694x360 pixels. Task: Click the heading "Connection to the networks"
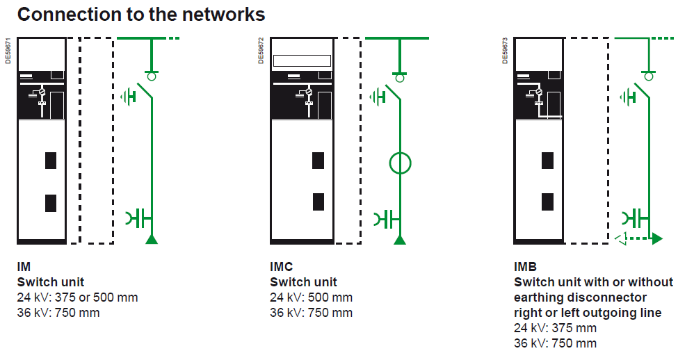pos(141,15)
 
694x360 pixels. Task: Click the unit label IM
pos(24,267)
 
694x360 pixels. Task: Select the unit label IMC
pos(282,267)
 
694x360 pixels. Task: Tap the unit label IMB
pos(526,267)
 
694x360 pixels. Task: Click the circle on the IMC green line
pos(400,163)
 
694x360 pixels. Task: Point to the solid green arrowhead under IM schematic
pos(151,240)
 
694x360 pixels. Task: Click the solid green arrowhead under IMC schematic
pos(400,240)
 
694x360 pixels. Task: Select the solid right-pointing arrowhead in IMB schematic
pos(657,238)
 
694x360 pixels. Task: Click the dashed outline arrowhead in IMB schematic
pos(622,238)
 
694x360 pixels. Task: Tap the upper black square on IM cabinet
pos(51,161)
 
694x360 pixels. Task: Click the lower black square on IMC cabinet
pos(318,202)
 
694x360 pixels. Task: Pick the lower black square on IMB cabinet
pos(548,202)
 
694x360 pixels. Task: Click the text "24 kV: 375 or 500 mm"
pos(77,297)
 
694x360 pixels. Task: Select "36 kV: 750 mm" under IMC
pos(311,313)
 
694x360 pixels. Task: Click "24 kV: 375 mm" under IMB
pos(555,328)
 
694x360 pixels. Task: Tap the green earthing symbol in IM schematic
pos(128,95)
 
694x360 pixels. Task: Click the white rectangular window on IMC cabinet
pos(301,61)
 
